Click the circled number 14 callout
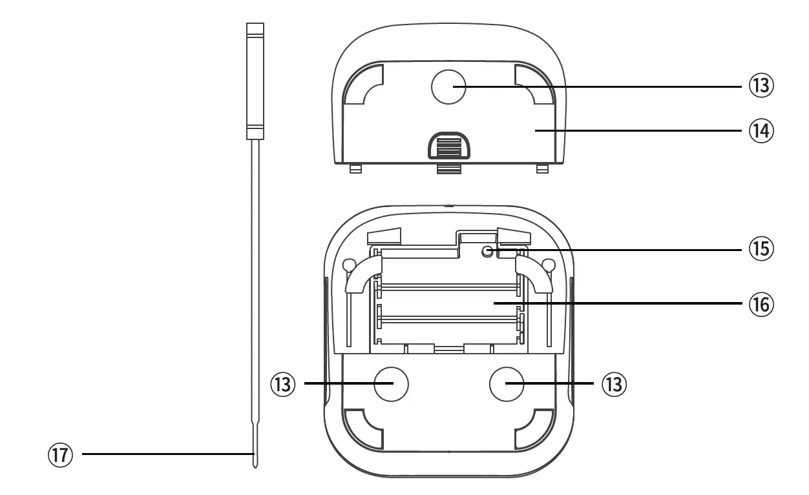761,130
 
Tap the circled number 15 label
761,249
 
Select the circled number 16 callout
761,305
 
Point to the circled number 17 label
60,454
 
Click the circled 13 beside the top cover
761,85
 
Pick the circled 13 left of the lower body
283,385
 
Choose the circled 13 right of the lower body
615,385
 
